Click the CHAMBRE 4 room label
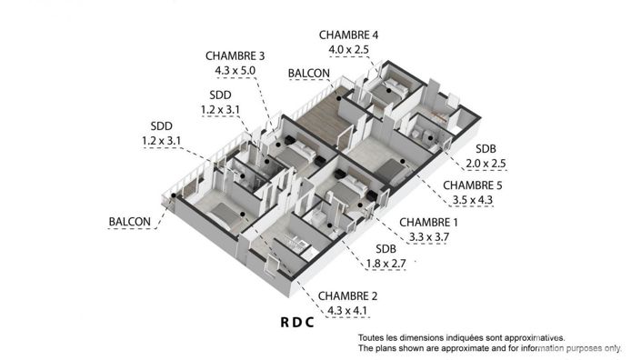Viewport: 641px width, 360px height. tap(348, 35)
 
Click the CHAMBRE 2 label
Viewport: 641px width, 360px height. tap(346, 296)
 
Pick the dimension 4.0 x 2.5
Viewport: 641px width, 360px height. tap(349, 49)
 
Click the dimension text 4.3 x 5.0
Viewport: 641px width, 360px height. tap(235, 69)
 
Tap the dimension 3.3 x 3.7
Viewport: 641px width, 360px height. tap(428, 237)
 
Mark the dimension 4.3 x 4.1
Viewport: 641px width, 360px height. tap(346, 311)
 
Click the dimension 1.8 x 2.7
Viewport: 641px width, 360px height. tap(386, 265)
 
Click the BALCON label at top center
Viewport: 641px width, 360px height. tap(309, 73)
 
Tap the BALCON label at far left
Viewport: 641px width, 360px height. tap(130, 222)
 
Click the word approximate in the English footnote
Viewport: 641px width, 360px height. tap(461, 348)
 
